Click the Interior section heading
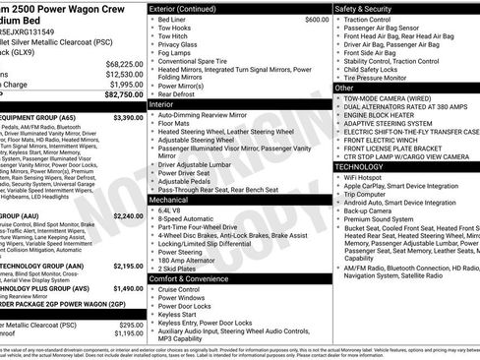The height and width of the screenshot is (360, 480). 162,103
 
